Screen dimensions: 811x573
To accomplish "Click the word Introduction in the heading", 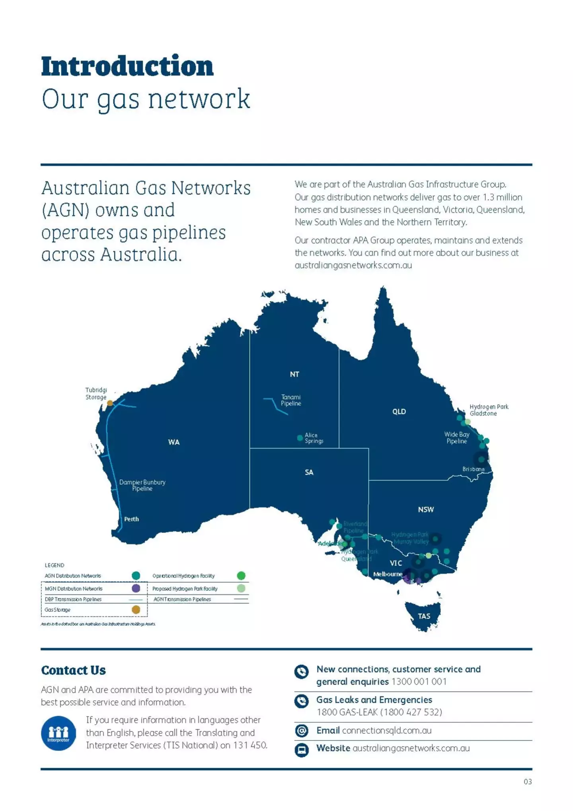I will (x=127, y=66).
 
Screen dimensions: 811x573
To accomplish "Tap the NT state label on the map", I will (x=294, y=374).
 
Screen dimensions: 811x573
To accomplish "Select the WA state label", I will (x=173, y=442).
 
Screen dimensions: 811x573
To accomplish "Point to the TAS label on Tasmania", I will (x=424, y=616).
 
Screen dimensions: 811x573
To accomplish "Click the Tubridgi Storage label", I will (x=96, y=394).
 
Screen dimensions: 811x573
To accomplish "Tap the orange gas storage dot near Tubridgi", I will (x=110, y=403).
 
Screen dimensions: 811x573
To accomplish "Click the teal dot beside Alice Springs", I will (x=300, y=438).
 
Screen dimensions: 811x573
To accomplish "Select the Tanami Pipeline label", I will (x=291, y=400).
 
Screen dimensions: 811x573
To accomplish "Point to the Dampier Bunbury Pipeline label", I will (x=142, y=485).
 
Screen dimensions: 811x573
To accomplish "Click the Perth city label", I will (x=131, y=519).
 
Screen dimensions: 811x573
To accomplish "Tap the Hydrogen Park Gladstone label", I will (x=489, y=410).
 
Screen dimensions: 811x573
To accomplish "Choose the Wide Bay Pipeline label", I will (x=456, y=438).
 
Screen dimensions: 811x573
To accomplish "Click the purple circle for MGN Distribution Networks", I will (x=136, y=588).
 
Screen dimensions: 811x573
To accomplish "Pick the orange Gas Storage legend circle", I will (x=136, y=609).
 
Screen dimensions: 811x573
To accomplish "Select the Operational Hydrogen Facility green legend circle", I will (x=241, y=576).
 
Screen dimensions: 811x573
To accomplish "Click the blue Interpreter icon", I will (x=58, y=733).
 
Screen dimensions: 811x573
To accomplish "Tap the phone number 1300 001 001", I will (x=419, y=682).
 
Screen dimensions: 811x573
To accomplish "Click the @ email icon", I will (x=301, y=731).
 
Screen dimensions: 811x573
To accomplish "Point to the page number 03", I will (x=528, y=782).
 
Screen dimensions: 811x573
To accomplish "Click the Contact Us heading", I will (x=74, y=670).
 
